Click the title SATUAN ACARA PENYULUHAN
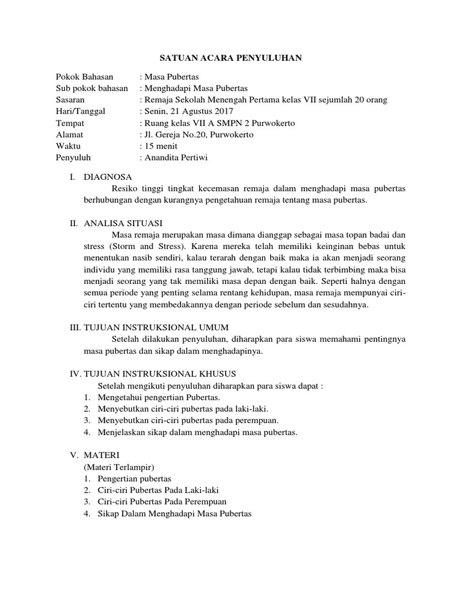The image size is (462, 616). tap(230, 58)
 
